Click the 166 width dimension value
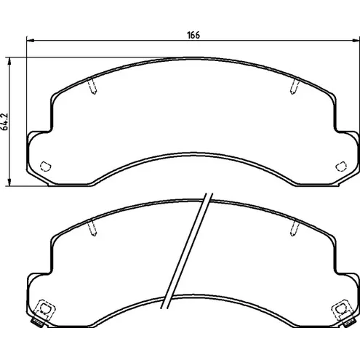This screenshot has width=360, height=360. coord(193,36)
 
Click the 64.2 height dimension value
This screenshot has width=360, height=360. coord(5,121)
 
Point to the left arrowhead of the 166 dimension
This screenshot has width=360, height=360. coord(31,41)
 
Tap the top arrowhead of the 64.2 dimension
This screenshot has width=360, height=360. coord(9,62)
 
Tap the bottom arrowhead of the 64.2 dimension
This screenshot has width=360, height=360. coord(9,182)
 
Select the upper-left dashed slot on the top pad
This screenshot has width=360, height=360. coord(92,87)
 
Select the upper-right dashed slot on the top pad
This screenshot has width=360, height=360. coord(295,87)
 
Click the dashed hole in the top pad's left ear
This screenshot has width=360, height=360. coord(45,166)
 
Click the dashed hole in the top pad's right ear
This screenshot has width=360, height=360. coord(341,166)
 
